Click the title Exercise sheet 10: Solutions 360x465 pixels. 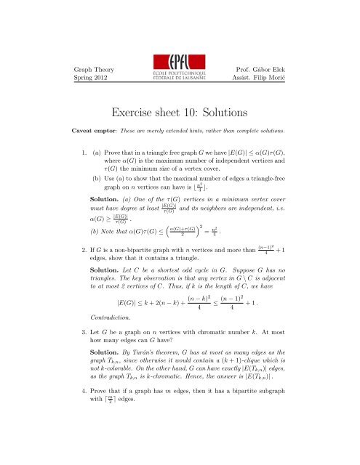pyautogui.click(x=180, y=113)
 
